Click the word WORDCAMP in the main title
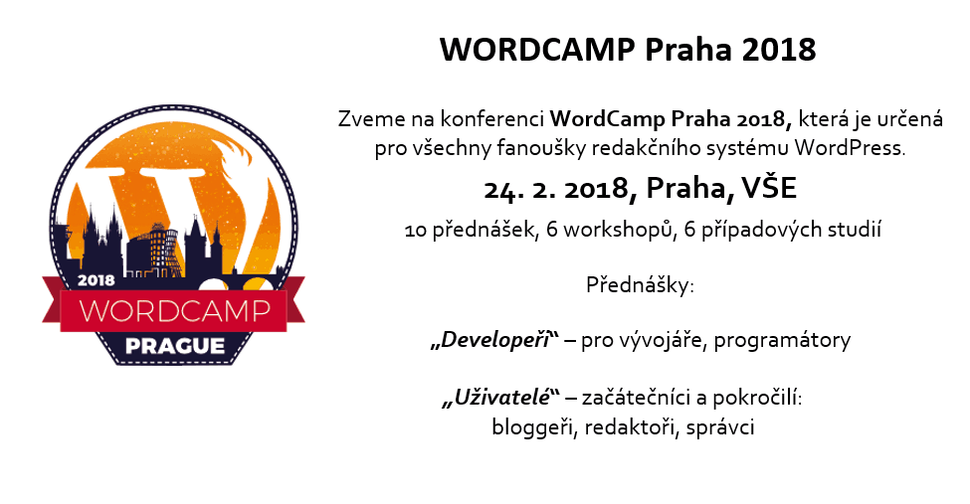537,50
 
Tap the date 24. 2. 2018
556,189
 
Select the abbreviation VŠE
769,187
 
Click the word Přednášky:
641,285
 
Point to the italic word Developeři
494,340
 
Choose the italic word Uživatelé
501,397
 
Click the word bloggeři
534,427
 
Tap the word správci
720,427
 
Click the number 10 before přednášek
415,231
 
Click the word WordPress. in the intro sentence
850,148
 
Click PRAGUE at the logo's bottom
175,346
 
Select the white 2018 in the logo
96,280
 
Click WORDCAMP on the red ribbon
175,310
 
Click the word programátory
782,341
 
